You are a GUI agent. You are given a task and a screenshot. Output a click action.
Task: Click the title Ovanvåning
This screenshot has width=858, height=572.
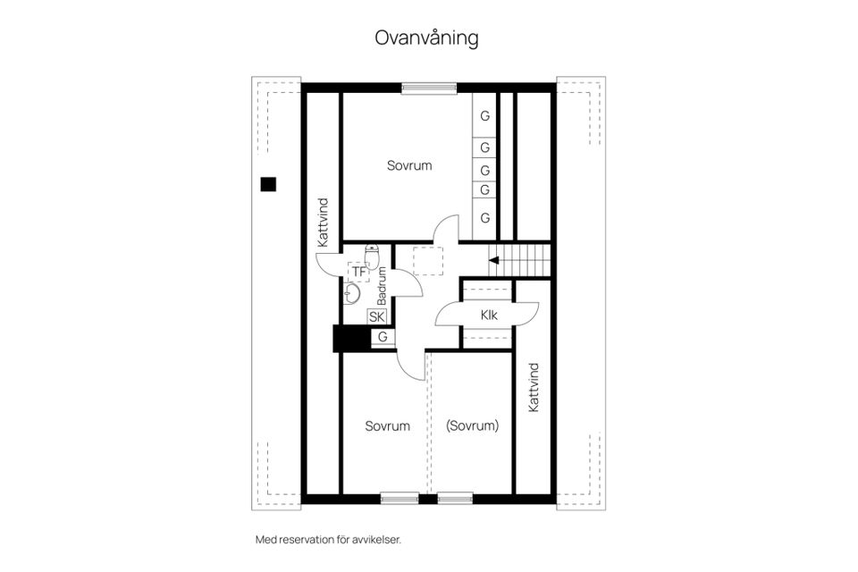coord(426,38)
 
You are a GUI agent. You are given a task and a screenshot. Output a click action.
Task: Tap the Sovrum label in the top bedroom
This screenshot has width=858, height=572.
coord(409,165)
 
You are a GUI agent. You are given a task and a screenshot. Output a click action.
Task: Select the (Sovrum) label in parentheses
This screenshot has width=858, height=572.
coord(472,426)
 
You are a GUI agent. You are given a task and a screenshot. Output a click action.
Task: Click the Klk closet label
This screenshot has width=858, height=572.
coord(488,315)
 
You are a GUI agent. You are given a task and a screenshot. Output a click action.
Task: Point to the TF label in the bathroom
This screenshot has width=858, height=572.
coord(359,271)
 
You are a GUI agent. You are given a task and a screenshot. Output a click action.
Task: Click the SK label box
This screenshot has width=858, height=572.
coord(376,316)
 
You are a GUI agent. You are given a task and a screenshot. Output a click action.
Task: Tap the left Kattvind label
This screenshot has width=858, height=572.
coord(323,223)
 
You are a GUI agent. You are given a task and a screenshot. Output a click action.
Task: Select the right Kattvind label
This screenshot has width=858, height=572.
coord(534,387)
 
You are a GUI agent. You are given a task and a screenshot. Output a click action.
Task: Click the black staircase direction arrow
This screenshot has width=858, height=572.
coord(493,261)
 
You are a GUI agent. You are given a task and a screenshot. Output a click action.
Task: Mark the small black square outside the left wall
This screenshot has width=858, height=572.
coord(268,185)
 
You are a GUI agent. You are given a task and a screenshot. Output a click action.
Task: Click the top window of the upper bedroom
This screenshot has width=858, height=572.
coord(429,88)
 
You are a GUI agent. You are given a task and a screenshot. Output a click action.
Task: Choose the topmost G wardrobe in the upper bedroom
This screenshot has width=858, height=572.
coord(485,116)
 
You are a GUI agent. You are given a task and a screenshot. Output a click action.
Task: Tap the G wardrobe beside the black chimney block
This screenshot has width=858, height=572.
coord(383,337)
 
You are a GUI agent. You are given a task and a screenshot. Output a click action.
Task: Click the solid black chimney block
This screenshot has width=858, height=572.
coord(350,339)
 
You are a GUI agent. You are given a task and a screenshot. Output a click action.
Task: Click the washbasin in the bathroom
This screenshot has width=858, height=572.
coord(352,293)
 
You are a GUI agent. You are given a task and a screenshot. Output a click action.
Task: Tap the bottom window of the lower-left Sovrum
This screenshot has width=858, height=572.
coord(399,499)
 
